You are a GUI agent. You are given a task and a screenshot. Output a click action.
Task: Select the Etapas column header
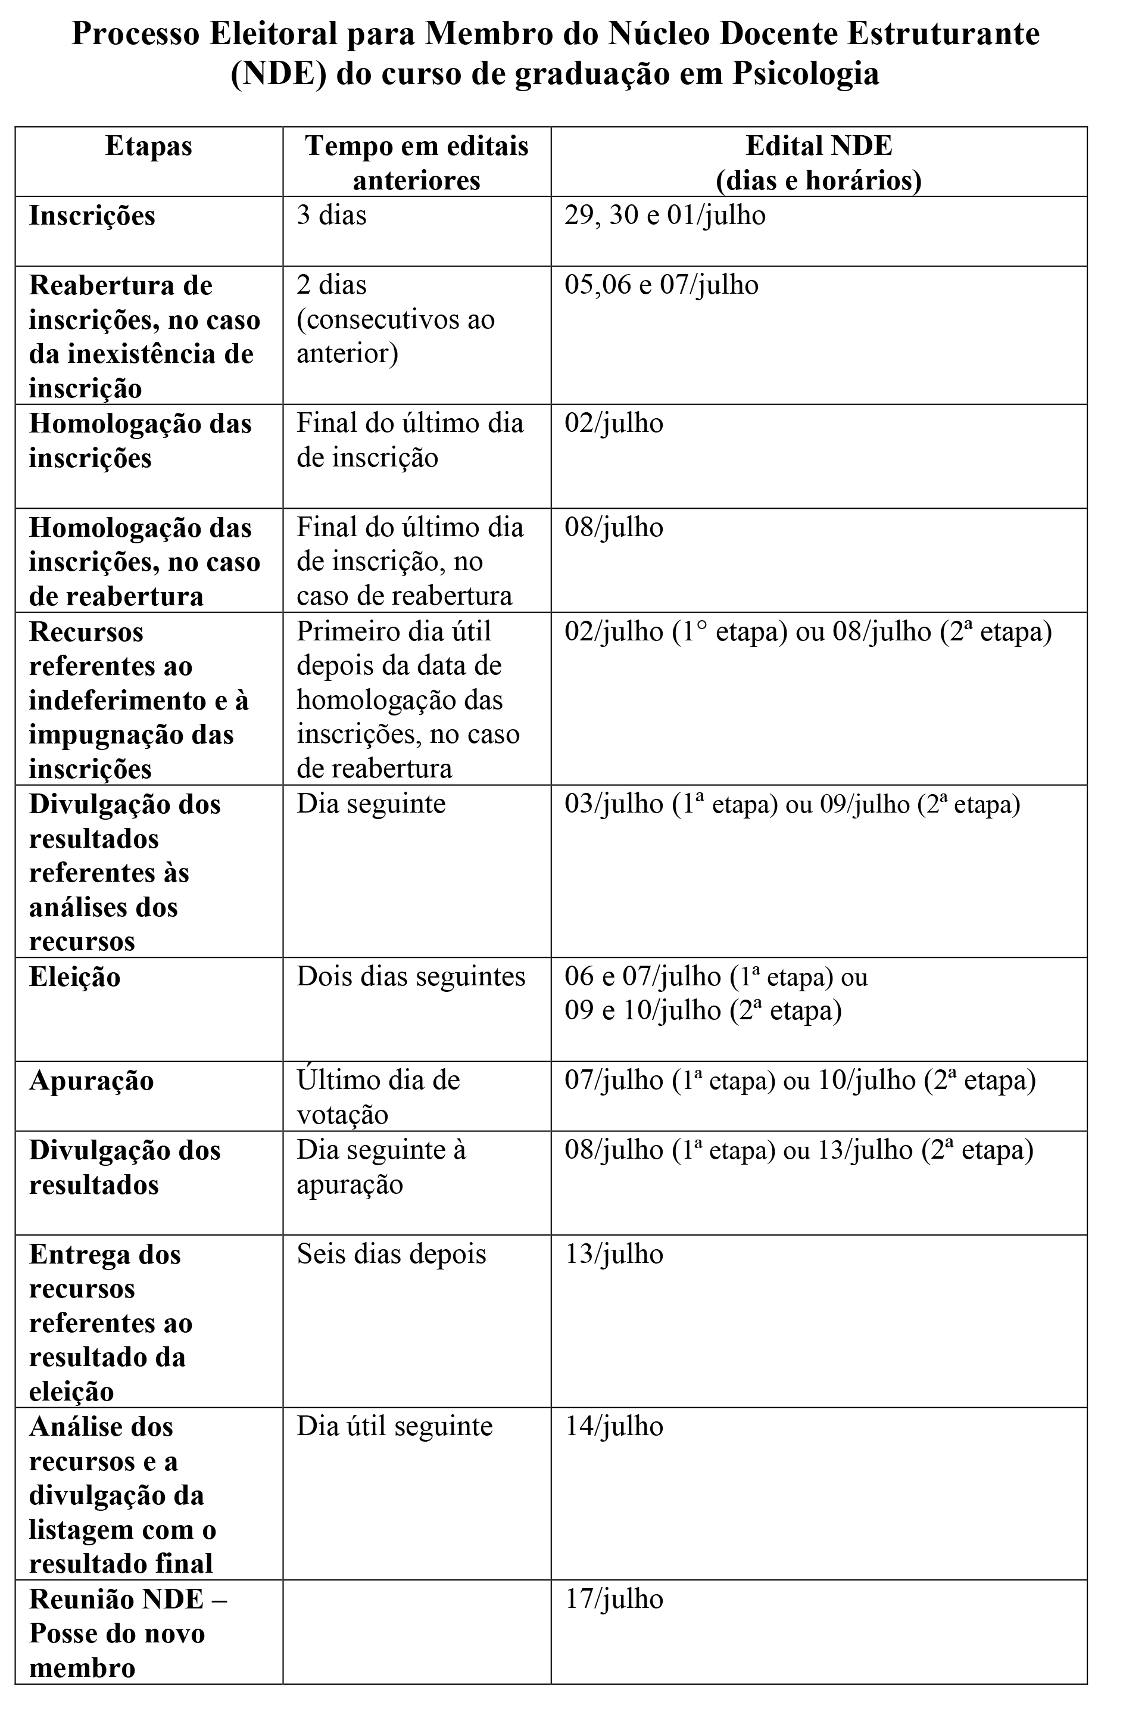click(x=149, y=147)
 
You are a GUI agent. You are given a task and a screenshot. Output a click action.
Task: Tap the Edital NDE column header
click(x=818, y=163)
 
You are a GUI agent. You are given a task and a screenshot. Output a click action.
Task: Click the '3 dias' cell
click(x=332, y=216)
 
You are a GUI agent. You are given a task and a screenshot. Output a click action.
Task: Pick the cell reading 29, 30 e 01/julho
click(x=665, y=216)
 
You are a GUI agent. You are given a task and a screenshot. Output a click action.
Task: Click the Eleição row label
click(x=74, y=977)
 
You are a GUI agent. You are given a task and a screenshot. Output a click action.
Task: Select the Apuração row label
click(x=92, y=1081)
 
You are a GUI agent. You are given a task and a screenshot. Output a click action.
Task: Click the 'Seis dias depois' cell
click(x=391, y=1254)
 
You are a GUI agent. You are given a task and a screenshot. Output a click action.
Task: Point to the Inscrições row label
click(x=92, y=216)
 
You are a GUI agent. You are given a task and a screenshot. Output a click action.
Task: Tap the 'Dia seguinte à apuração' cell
click(x=381, y=1167)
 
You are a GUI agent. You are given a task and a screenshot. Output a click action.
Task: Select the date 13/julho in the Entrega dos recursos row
click(x=614, y=1254)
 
